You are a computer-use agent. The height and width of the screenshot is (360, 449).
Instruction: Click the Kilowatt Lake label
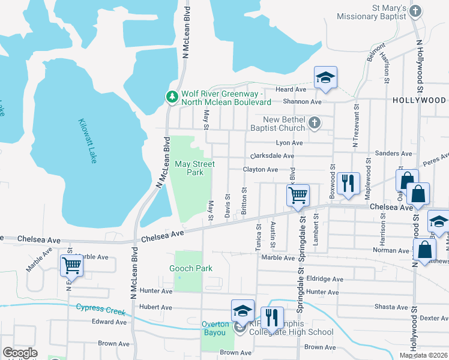(x=87, y=141)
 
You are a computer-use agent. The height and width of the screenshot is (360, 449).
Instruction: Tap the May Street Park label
(x=194, y=168)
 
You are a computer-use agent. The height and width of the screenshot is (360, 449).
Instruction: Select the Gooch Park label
(x=191, y=269)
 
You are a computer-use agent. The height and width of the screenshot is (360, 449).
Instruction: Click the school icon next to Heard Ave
(x=325, y=77)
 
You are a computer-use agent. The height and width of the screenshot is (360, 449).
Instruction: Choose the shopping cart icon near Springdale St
(x=298, y=195)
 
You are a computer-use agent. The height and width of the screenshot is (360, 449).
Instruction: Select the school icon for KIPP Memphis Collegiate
(x=243, y=311)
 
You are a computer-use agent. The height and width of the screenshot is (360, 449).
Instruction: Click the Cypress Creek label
(x=100, y=310)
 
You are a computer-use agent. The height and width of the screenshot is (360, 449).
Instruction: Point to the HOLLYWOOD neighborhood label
(x=420, y=100)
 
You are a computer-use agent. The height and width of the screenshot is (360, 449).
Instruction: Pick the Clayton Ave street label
(x=260, y=170)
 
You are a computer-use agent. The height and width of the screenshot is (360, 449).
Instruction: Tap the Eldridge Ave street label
(x=324, y=279)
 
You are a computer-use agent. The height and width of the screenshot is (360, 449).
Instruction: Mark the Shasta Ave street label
(x=391, y=306)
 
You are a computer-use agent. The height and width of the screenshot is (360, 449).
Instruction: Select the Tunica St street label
(x=259, y=235)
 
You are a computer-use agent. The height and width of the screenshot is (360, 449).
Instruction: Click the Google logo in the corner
(x=20, y=353)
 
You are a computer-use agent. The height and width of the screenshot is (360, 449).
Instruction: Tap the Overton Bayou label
(x=215, y=325)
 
